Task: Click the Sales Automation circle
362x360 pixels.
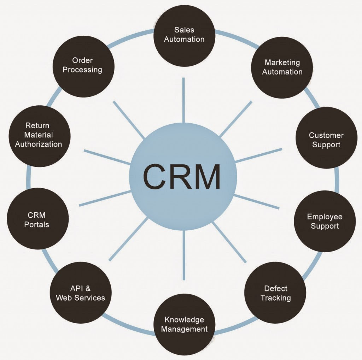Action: point(184,35)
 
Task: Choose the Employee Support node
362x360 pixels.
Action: point(325,222)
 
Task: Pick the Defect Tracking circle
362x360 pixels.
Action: point(275,293)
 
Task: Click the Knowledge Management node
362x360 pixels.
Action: point(184,324)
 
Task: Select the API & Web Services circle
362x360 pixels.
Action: point(81,293)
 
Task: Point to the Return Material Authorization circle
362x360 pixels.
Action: point(38,135)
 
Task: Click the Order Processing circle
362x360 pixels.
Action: point(82,65)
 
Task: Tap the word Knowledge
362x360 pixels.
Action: point(184,320)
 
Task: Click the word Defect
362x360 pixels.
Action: point(276,288)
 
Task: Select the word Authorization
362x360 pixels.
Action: point(38,144)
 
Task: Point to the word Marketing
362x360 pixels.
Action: point(282,63)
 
